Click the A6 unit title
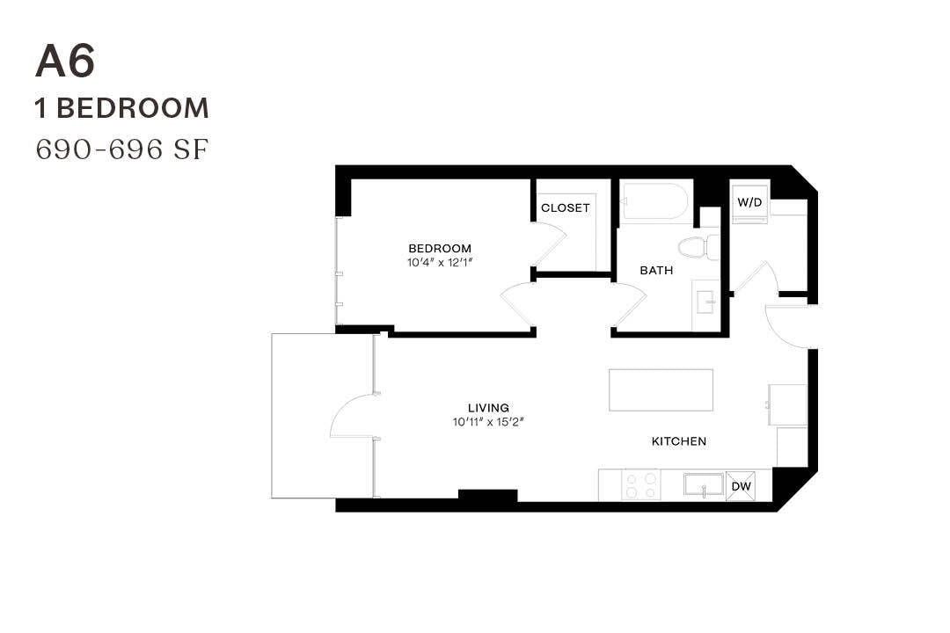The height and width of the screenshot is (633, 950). pos(65,62)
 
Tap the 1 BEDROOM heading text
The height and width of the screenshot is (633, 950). pos(122,108)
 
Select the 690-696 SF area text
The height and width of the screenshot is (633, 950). pos(122,149)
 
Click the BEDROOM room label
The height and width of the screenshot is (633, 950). pos(440,248)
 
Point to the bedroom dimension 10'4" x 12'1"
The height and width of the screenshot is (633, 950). pos(440,262)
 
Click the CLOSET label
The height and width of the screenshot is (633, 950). pos(566,208)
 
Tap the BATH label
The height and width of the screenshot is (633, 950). pos(656,270)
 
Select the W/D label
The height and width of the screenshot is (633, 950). pos(749,202)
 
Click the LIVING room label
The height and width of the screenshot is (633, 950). pos(488,408)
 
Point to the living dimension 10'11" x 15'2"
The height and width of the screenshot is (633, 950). pos(488,422)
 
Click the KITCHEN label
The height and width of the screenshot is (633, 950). pos(678,441)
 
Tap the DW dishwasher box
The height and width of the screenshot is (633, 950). pos(742,485)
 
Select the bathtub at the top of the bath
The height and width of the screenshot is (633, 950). pos(654,201)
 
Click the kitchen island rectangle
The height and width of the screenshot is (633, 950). pos(661,389)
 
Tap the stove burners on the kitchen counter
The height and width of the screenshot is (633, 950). pos(641,485)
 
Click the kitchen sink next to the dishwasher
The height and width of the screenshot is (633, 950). pos(704,484)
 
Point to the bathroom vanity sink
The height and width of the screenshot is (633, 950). pos(705,303)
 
